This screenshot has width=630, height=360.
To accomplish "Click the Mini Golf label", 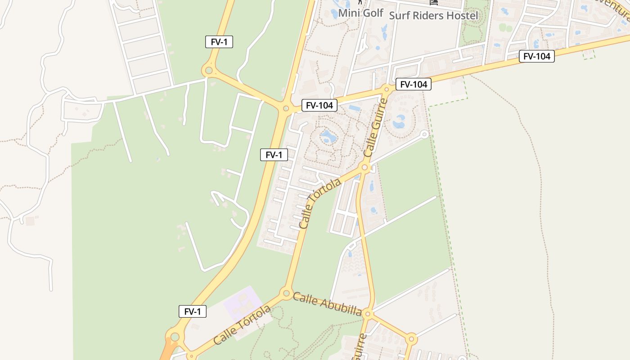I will tap(360, 13).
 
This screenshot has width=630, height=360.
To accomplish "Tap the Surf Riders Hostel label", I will tap(433, 15).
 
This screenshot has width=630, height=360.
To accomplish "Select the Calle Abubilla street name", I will tap(327, 304).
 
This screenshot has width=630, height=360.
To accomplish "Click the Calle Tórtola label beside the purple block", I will tap(242, 325).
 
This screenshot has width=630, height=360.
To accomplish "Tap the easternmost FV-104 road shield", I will tap(536, 56).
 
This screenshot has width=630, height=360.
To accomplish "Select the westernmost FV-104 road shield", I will tap(319, 105).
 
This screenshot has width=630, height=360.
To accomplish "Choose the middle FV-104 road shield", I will tap(413, 84).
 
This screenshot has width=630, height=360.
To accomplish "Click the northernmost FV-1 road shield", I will tap(219, 42).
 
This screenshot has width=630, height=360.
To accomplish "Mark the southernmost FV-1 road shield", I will tap(193, 311).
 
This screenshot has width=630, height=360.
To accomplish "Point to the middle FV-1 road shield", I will tap(274, 155).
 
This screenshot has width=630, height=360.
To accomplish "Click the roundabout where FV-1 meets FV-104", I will tap(286, 108).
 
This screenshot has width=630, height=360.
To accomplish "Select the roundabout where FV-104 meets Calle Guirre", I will tap(386, 89).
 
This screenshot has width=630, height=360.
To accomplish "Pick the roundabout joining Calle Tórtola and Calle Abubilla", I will tap(286, 293).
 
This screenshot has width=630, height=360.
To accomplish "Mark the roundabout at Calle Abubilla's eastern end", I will tap(368, 314).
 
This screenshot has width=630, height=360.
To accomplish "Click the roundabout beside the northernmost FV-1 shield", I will tap(208, 70).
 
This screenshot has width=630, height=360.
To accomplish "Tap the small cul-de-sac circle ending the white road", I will tap(424, 134).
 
